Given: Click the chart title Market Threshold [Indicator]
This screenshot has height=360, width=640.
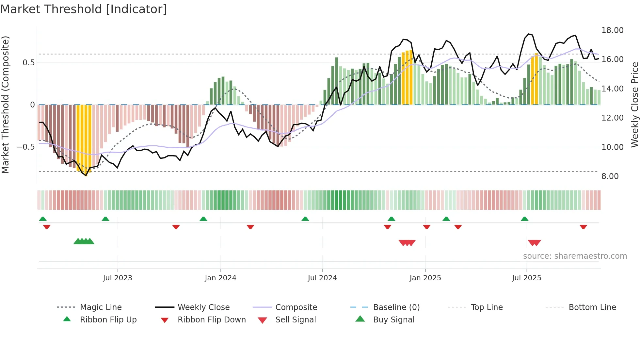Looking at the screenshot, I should click(x=84, y=9).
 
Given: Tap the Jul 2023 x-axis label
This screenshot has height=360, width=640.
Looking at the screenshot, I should click(x=118, y=278).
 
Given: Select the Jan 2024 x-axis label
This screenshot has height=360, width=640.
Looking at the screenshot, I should click(x=220, y=278).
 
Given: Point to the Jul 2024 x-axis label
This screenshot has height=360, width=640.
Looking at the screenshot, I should click(x=322, y=278).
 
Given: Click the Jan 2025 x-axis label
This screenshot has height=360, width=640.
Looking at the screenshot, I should click(x=425, y=278).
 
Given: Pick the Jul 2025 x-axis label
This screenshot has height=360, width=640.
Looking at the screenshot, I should click(x=526, y=278).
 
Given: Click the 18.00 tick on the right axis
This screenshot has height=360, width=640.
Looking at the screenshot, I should click(x=612, y=30).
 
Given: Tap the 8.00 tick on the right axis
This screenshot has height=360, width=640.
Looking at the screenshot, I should click(x=610, y=176).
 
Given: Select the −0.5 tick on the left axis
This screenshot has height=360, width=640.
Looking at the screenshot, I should click(x=25, y=147).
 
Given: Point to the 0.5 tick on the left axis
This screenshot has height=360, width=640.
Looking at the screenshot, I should click(x=28, y=63).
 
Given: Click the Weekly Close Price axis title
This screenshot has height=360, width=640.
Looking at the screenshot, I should click(x=634, y=105).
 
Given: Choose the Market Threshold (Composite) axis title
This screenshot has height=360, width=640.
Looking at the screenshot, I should click(x=5, y=105).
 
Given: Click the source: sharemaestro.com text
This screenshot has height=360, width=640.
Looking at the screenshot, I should click(x=575, y=256).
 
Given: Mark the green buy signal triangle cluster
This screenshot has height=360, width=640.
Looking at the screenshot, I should click(x=84, y=241).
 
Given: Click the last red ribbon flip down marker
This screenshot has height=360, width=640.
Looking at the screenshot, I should click(x=583, y=227).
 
